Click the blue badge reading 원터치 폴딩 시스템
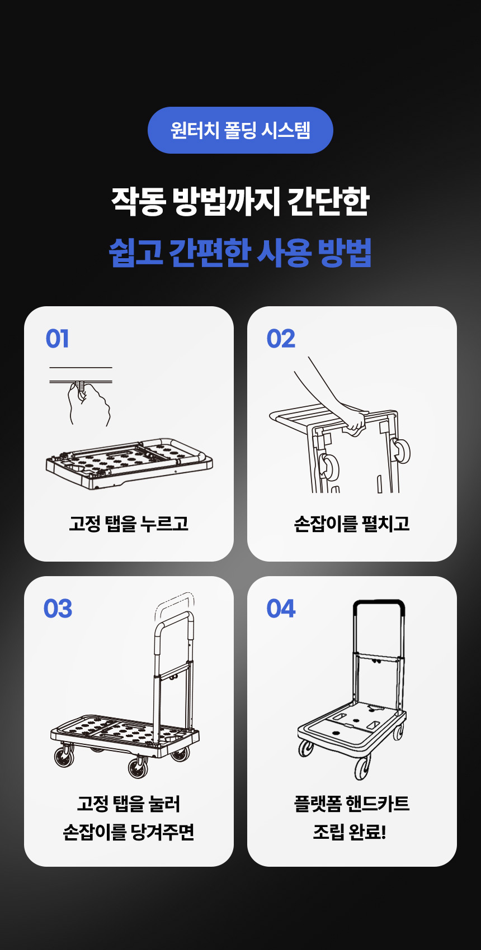click(240, 130)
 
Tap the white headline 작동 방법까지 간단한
click(240, 201)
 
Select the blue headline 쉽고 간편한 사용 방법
click(240, 253)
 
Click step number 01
click(57, 339)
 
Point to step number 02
click(281, 339)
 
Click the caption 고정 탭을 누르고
click(129, 524)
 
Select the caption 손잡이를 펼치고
click(352, 524)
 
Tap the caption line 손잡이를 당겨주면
click(129, 832)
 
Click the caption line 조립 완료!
click(350, 832)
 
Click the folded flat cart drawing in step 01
click(129, 464)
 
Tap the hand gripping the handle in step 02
click(353, 420)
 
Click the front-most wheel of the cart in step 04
click(362, 767)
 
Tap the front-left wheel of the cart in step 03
click(64, 757)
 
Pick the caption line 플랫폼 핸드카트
click(352, 804)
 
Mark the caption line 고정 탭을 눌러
click(129, 804)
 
